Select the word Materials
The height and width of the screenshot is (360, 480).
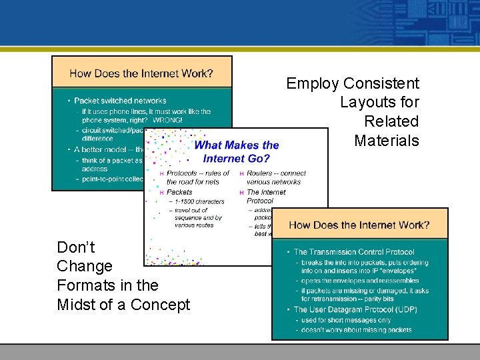[387, 140]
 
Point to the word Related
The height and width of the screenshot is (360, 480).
[391, 121]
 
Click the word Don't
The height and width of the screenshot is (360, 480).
[76, 247]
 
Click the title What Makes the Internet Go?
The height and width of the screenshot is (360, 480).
[237, 151]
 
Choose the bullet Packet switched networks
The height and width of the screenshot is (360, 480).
[120, 101]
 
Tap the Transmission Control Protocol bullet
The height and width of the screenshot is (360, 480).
[354, 252]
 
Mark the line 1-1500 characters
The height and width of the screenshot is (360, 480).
[199, 201]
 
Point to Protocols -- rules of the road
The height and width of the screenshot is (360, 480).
[198, 177]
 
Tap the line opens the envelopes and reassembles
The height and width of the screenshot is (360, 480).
[351, 281]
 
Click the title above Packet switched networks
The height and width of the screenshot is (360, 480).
[141, 73]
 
